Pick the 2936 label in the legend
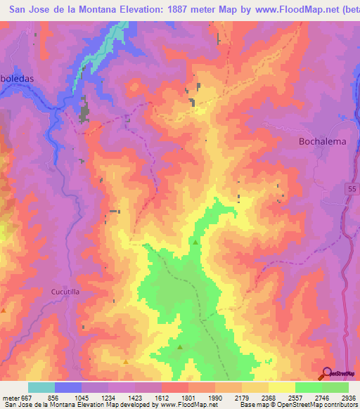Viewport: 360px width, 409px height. tap(349, 397)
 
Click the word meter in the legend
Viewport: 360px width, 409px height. tap(10, 397)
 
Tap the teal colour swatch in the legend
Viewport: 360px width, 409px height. tap(41, 387)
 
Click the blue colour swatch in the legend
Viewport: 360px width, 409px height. tap(68, 387)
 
